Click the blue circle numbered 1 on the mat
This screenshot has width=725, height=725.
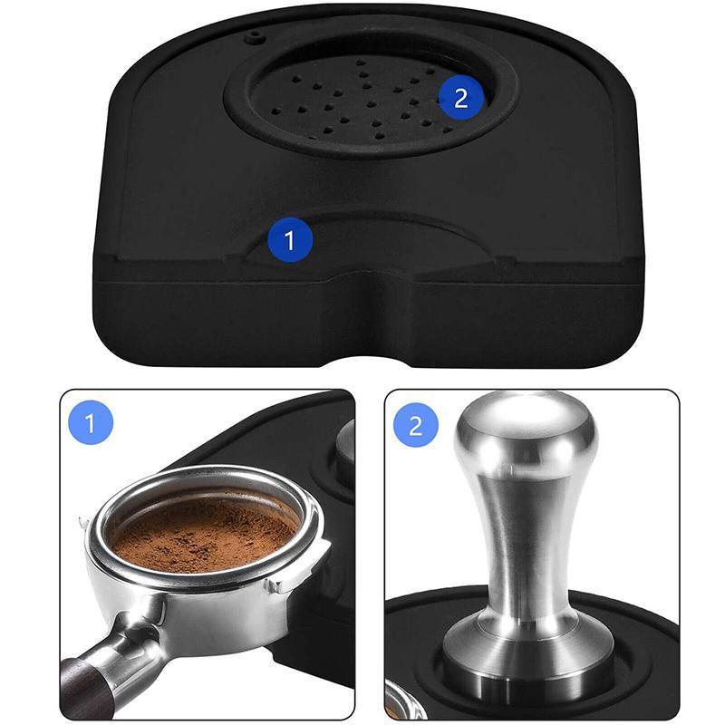(290, 241)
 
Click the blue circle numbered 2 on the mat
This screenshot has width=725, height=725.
(461, 97)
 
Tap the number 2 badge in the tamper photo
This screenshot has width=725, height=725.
(416, 425)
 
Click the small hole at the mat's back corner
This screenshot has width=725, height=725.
(256, 37)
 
